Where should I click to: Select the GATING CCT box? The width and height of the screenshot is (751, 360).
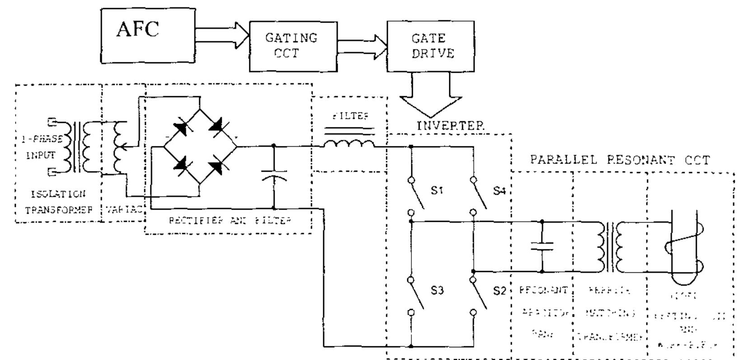click(x=293, y=46)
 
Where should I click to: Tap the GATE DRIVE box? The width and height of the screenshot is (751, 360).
click(x=430, y=46)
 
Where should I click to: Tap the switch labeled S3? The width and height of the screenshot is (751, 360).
click(x=416, y=295)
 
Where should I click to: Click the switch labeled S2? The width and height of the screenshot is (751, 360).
click(x=479, y=295)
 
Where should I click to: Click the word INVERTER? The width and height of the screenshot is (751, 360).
click(x=450, y=126)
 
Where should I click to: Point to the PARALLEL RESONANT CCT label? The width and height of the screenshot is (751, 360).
click(x=620, y=160)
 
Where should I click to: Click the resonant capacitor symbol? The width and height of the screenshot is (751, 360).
click(x=542, y=246)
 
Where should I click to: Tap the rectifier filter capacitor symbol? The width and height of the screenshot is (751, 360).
click(x=274, y=176)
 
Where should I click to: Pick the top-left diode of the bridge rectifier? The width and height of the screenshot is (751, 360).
click(x=181, y=128)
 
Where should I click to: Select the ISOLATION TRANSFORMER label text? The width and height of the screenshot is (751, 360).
click(x=58, y=202)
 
